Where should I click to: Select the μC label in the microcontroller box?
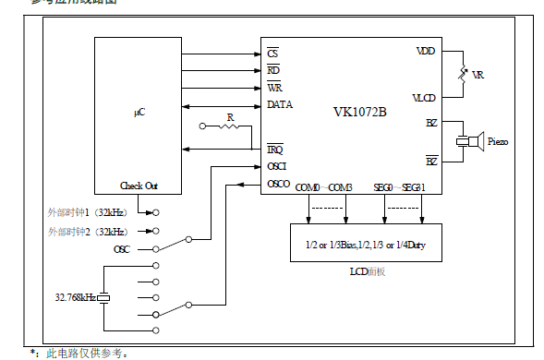coord(139,112)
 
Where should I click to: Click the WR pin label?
coord(274,87)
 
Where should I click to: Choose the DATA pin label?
coord(279,104)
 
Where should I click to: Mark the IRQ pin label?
coord(275,149)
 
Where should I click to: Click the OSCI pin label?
coord(277,166)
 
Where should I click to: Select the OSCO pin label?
coord(278,184)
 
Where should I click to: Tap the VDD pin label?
coord(426,52)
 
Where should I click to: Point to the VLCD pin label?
coord(425,97)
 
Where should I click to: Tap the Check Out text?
coord(139,186)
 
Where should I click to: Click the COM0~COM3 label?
coord(324,187)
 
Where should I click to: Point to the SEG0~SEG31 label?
coord(400,187)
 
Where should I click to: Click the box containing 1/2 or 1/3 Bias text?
coord(365,243)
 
